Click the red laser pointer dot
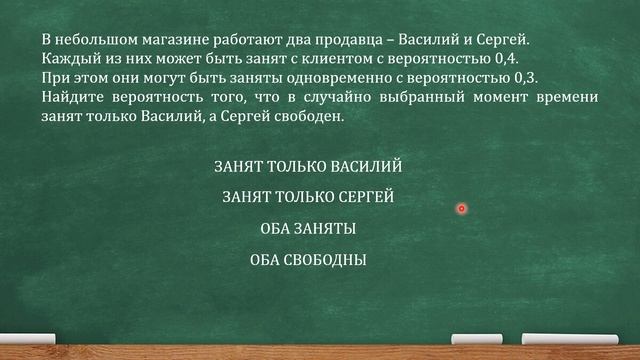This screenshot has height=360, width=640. coord(462,208)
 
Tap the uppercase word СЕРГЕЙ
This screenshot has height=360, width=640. coord(361,198)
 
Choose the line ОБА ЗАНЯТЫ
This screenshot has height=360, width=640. coord(308,229)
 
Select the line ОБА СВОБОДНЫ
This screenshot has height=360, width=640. coord(308,261)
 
